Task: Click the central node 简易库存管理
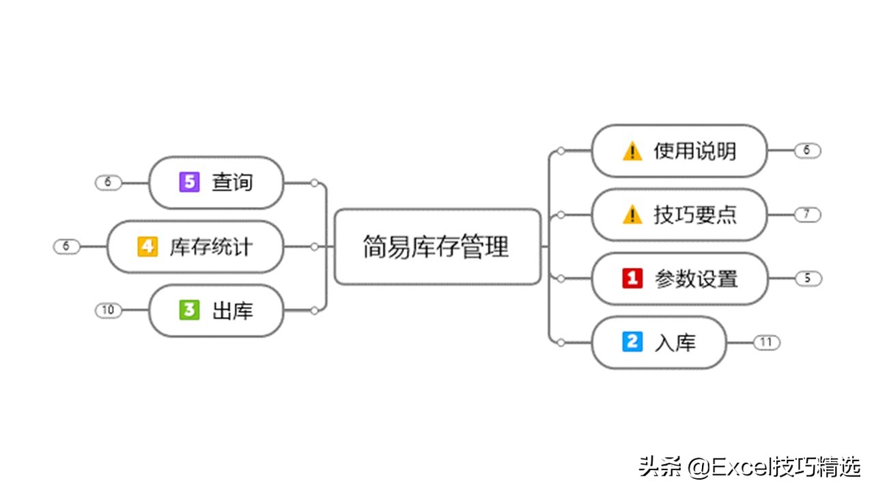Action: pyautogui.click(x=437, y=247)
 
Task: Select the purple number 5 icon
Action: pyautogui.click(x=188, y=182)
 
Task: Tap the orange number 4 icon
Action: pyautogui.click(x=147, y=246)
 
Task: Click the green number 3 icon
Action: pyautogui.click(x=188, y=310)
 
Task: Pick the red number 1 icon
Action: pyautogui.click(x=632, y=278)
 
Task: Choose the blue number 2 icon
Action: pyautogui.click(x=632, y=342)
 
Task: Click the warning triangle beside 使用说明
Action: pyautogui.click(x=632, y=150)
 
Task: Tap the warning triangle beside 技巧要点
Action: pyautogui.click(x=632, y=215)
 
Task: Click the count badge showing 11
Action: pyautogui.click(x=766, y=342)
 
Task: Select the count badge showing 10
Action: pyautogui.click(x=108, y=310)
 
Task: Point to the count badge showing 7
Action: pyautogui.click(x=807, y=215)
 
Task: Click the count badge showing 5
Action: pyautogui.click(x=807, y=278)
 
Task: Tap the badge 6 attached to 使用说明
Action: pyautogui.click(x=807, y=150)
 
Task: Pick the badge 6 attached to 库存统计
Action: pyautogui.click(x=66, y=246)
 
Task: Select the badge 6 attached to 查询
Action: pyautogui.click(x=108, y=182)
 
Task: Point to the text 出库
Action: pyautogui.click(x=232, y=311)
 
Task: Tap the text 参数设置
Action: pyautogui.click(x=696, y=279)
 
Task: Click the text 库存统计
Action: pyautogui.click(x=211, y=247)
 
